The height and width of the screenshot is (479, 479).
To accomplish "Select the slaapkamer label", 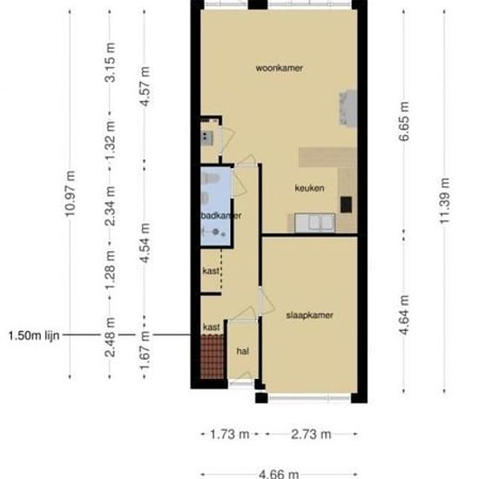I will [310, 314].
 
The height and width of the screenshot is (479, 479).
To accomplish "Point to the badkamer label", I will [219, 215].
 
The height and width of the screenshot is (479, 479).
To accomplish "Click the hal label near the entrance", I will [244, 351].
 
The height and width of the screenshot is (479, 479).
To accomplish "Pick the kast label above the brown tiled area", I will [212, 327].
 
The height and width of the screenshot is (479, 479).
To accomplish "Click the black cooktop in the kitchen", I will [346, 204].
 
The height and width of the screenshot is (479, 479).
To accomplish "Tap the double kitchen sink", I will [316, 224].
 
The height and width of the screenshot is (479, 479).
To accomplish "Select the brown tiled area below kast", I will [213, 355].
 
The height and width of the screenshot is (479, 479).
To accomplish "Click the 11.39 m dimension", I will [445, 200].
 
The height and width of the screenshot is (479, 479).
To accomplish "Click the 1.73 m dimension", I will [230, 433].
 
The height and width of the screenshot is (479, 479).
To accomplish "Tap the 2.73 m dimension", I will [310, 433].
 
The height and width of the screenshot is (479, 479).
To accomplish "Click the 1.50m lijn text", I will [33, 334].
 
